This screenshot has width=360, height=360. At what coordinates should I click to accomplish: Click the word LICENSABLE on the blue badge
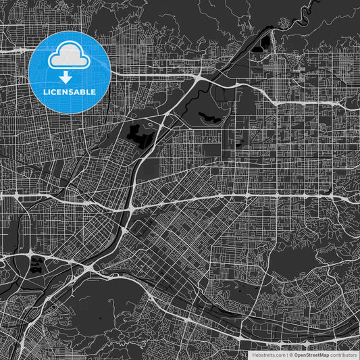70,92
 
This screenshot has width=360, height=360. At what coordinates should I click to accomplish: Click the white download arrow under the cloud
66,78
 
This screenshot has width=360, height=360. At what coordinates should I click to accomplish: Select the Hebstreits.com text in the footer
268,354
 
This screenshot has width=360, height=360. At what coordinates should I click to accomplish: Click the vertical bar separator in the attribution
288,354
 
